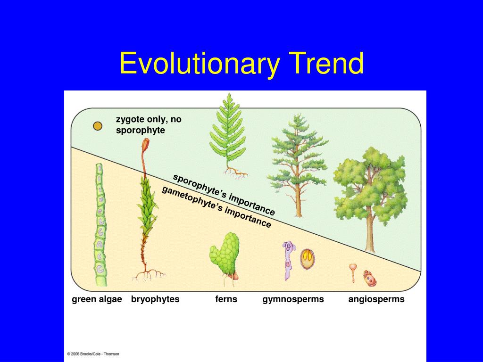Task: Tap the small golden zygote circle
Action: (97, 126)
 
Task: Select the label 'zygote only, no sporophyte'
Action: (148, 125)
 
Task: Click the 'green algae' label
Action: (97, 299)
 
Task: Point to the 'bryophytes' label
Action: (155, 299)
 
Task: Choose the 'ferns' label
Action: (226, 299)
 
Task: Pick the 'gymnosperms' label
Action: (293, 299)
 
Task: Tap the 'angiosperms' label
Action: (376, 299)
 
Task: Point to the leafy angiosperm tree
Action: (370, 189)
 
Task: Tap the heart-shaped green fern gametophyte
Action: (225, 255)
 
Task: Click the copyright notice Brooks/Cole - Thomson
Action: (93, 354)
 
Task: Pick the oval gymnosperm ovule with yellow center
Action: (307, 257)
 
